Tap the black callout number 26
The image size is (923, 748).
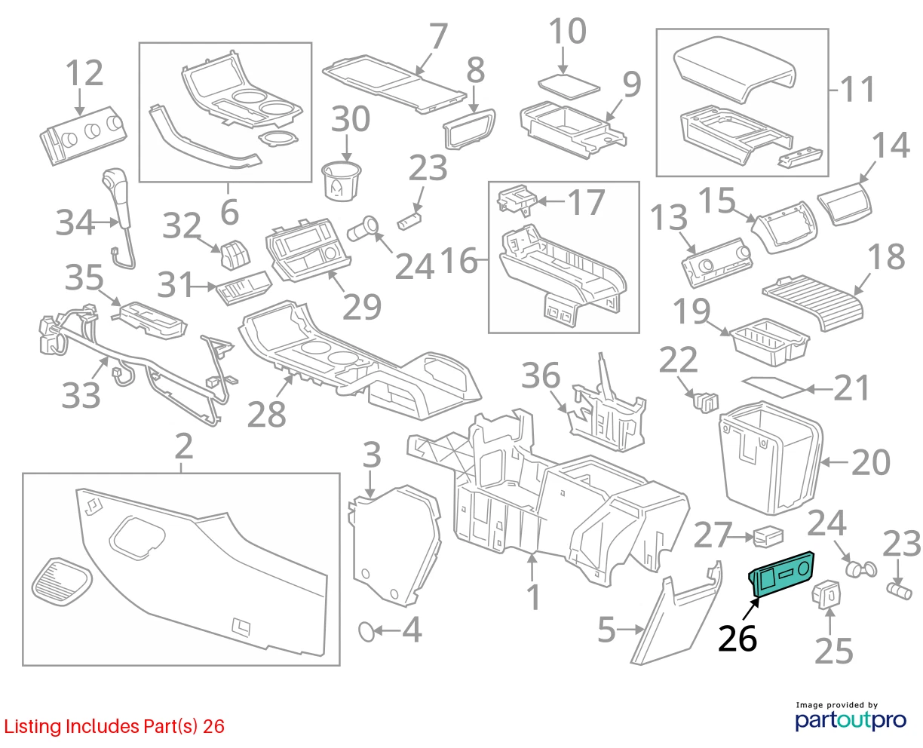click(x=737, y=639)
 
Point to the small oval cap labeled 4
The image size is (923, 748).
click(x=366, y=631)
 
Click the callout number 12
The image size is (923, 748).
click(x=84, y=73)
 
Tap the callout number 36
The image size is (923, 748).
click(x=541, y=376)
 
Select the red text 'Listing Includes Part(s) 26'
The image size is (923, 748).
click(x=115, y=727)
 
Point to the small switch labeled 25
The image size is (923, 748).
click(x=826, y=595)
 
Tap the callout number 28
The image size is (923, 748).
click(x=266, y=415)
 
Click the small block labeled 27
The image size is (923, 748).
click(x=768, y=538)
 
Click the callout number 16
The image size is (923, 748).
click(x=459, y=260)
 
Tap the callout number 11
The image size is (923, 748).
click(x=857, y=90)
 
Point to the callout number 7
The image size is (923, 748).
click(x=437, y=36)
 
